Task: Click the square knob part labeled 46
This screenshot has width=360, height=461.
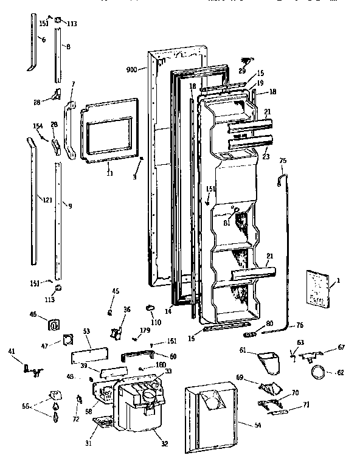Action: [x=54, y=324]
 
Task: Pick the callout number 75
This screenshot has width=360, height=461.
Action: [x=282, y=161]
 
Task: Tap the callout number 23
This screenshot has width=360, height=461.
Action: [x=265, y=156]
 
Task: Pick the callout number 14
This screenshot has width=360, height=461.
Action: [x=168, y=311]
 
